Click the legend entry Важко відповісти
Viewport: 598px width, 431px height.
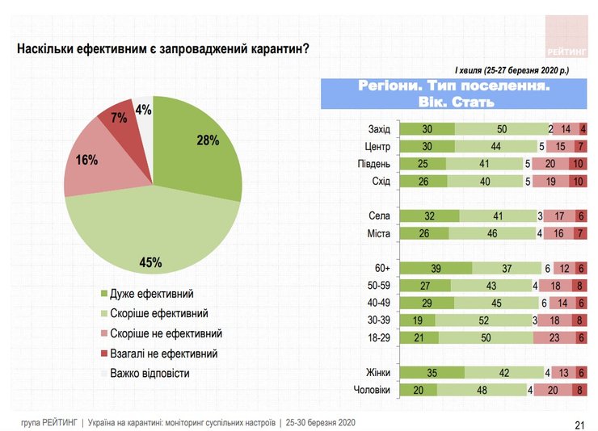pos(145,373)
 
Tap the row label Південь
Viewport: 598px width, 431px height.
pos(373,165)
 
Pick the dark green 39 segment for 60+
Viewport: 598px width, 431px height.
pos(436,268)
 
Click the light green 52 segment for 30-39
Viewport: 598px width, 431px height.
pos(482,320)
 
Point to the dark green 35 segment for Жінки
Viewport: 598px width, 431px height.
pos(433,372)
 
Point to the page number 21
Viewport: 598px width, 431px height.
pos(578,425)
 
